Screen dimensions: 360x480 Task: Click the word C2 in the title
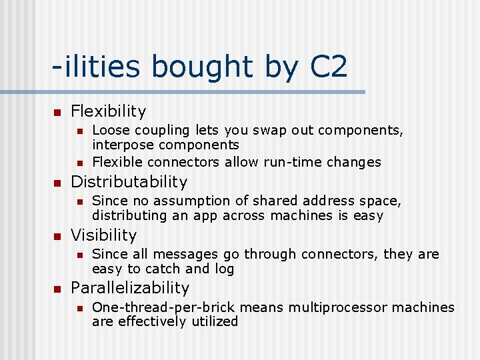point(329,68)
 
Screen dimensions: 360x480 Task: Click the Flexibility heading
point(108,111)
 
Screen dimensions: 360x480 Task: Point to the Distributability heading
point(129,181)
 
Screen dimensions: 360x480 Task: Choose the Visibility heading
point(103,235)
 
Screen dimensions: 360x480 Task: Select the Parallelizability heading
point(130,288)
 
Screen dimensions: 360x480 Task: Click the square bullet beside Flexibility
point(57,111)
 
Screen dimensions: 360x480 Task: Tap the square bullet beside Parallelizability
point(57,289)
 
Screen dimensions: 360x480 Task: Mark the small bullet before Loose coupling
point(79,131)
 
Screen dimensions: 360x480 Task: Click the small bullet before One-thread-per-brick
point(79,308)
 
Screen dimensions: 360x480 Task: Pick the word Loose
point(108,130)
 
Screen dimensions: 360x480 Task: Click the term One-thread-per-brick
point(157,307)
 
